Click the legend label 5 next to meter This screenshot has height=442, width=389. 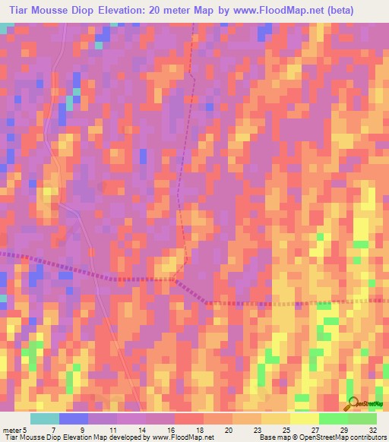(x=24, y=430)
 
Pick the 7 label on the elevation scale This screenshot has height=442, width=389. (x=52, y=430)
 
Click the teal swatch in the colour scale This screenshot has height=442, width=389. (x=45, y=418)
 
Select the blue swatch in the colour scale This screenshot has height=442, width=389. (x=74, y=418)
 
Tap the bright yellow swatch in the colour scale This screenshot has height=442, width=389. (x=305, y=418)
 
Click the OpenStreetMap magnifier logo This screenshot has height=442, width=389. (x=352, y=403)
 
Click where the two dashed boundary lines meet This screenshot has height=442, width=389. (x=176, y=279)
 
